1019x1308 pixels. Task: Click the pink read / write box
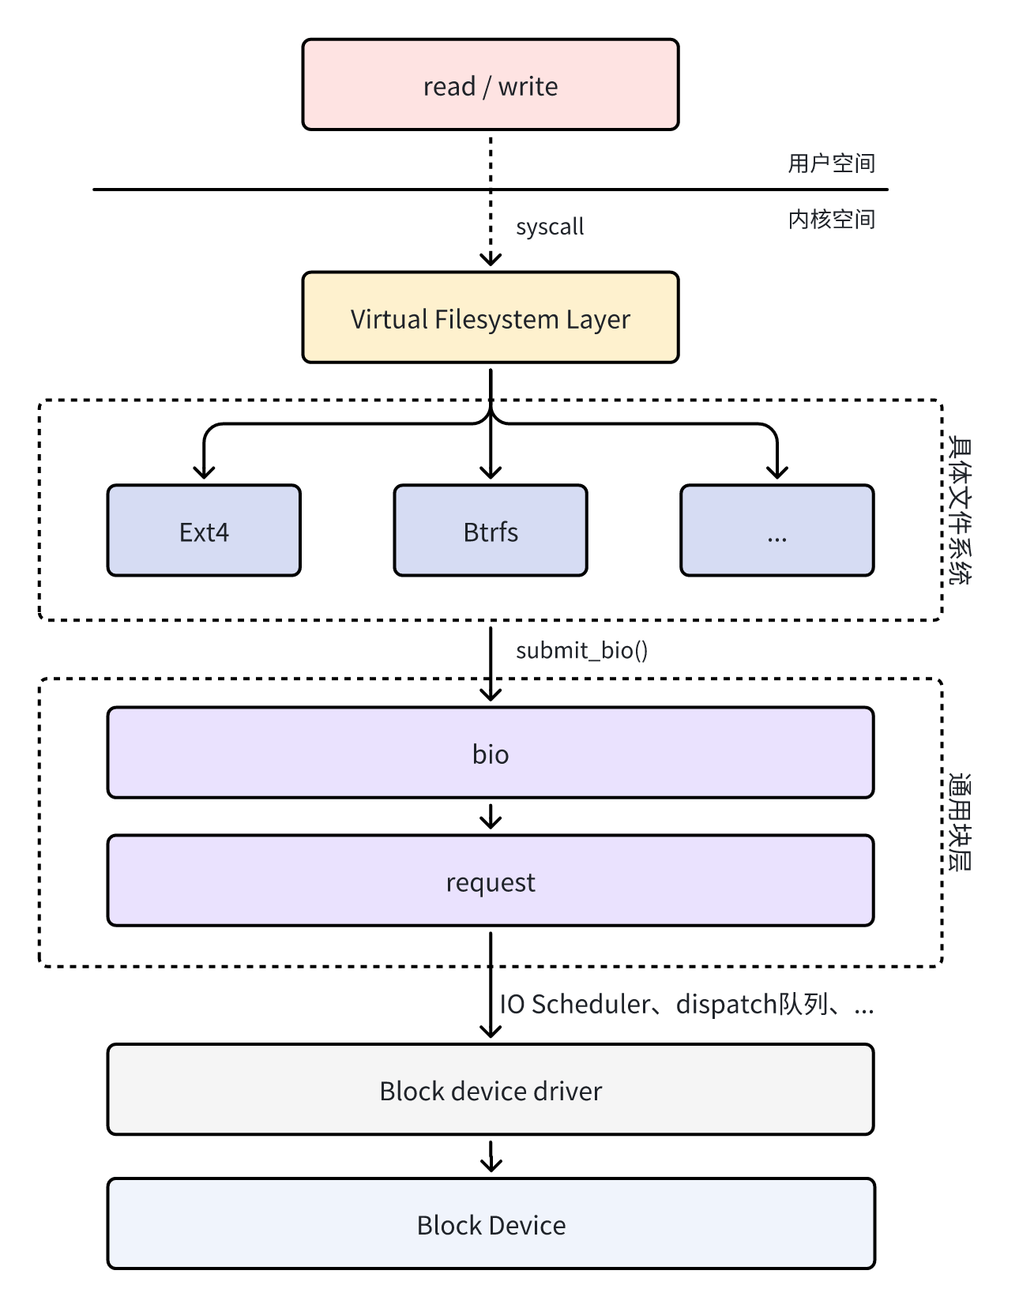tap(490, 85)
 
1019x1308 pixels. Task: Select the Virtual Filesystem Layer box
tap(490, 318)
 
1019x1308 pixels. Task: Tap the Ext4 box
tap(204, 531)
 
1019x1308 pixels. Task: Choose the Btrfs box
tap(490, 531)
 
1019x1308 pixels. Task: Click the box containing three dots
tap(776, 531)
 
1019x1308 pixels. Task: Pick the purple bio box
tap(490, 753)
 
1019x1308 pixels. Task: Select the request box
tap(490, 881)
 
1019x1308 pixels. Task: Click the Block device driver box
tap(490, 1090)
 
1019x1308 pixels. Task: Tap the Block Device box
tap(490, 1224)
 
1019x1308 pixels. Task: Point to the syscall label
tap(550, 227)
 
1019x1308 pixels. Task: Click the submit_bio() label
tap(581, 650)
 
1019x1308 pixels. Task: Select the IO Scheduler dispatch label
tap(686, 1004)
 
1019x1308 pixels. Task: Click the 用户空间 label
tap(831, 163)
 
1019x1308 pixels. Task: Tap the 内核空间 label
tap(831, 220)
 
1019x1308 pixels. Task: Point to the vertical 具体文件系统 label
tap(960, 509)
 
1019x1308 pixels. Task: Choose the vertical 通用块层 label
tap(960, 821)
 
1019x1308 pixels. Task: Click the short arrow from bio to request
tap(491, 817)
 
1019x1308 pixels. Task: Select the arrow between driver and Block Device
tap(491, 1156)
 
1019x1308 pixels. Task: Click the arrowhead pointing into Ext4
tap(205, 472)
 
